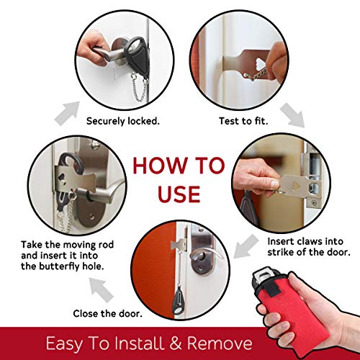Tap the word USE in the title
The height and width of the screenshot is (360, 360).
pyautogui.click(x=180, y=192)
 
